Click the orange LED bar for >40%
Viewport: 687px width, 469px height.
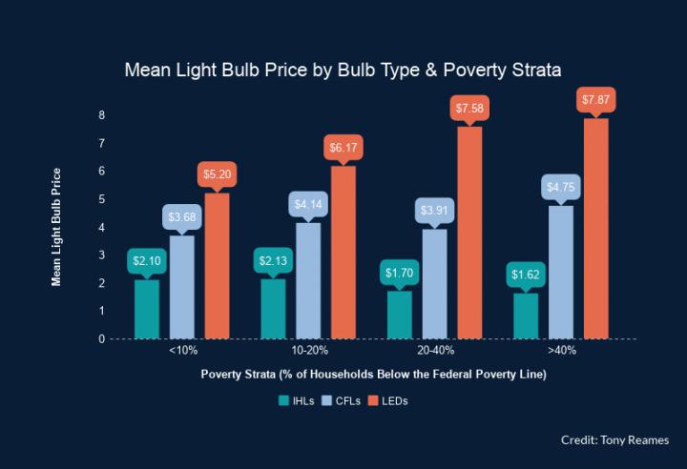pos(596,229)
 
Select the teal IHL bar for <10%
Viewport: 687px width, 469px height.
pos(147,309)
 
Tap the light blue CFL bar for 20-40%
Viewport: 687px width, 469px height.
pos(434,284)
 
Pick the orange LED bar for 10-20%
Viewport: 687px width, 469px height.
pos(343,253)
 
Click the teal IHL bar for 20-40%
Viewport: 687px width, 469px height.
pos(400,315)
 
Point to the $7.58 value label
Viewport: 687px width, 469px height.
pos(469,109)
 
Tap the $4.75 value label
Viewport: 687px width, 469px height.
pos(561,187)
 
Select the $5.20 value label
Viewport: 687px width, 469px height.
pos(218,174)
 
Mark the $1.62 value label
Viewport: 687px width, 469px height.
pos(526,275)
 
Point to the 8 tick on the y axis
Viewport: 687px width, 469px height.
pos(102,115)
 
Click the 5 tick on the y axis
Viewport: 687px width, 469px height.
pos(102,199)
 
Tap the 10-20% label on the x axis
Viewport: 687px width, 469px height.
pos(308,351)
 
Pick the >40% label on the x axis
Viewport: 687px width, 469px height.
pos(561,351)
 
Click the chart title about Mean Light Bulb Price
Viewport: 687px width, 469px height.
pos(343,71)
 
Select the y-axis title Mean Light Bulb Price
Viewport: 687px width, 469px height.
pos(56,227)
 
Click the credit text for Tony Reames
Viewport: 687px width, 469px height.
pos(615,439)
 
